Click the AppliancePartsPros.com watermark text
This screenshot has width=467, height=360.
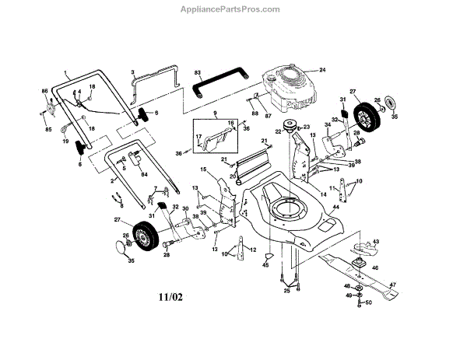233,9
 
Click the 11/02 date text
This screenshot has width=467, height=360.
171,297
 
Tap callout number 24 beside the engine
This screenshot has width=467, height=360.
321,70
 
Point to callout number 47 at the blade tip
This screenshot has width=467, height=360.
393,285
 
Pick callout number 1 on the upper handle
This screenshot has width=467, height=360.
65,72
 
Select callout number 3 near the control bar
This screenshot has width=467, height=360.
133,72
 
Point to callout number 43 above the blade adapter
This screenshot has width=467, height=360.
374,242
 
